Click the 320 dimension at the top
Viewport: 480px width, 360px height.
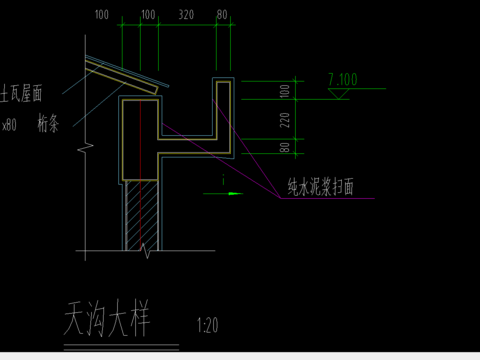point(186,16)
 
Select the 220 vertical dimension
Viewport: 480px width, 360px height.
point(284,122)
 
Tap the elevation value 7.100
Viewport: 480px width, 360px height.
point(343,79)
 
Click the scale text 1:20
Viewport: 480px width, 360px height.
point(208,325)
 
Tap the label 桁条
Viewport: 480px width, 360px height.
point(49,124)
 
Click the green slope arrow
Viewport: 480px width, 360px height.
point(233,193)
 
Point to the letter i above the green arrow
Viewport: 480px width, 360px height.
point(222,181)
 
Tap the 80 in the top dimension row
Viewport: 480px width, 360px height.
point(222,16)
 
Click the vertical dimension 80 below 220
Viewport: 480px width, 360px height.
point(284,148)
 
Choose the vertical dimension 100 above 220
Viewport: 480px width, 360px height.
point(284,91)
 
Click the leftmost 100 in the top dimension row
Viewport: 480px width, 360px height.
point(101,16)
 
